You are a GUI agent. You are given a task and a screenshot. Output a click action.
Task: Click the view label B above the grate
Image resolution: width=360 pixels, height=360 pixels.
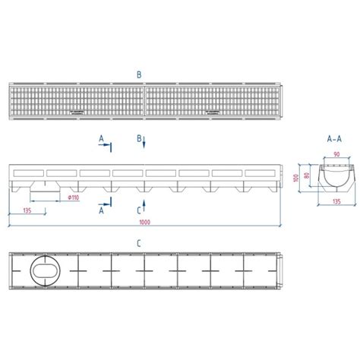point(139,75)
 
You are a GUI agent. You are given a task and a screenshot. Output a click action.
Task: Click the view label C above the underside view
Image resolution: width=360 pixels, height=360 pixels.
point(139,244)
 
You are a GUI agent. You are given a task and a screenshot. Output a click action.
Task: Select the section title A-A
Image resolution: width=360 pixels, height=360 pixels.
point(334,139)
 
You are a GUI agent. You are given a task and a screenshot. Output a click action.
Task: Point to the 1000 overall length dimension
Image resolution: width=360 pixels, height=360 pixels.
point(145,222)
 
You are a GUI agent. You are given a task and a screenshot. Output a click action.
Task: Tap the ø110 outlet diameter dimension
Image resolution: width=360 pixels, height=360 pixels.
point(74,197)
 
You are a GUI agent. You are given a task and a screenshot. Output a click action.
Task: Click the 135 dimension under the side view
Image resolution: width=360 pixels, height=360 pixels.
point(27,210)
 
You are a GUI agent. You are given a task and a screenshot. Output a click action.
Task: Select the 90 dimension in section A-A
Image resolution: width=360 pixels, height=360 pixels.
point(336,154)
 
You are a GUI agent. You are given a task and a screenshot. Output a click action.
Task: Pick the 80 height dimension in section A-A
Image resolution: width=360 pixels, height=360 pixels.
point(307,175)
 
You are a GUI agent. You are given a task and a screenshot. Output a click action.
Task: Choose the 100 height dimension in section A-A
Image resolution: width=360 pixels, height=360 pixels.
point(295,178)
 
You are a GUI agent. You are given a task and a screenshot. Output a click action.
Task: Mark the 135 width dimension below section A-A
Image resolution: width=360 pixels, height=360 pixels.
point(336,201)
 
